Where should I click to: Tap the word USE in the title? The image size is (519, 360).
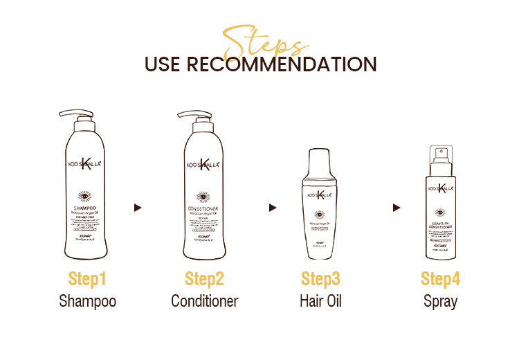pyautogui.click(x=162, y=64)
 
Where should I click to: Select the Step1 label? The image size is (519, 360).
pyautogui.click(x=87, y=279)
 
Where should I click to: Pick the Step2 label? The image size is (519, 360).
pyautogui.click(x=204, y=279)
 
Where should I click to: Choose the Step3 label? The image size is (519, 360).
pyautogui.click(x=320, y=279)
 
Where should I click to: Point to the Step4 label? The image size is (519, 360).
pyautogui.click(x=440, y=279)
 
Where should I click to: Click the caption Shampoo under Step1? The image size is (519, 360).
pyautogui.click(x=87, y=301)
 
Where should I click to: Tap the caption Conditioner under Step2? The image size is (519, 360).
pyautogui.click(x=204, y=301)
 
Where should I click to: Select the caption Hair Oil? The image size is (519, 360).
pyautogui.click(x=320, y=301)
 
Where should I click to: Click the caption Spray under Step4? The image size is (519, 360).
pyautogui.click(x=440, y=301)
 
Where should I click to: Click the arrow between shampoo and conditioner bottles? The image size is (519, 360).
pyautogui.click(x=138, y=207)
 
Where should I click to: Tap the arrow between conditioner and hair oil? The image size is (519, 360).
pyautogui.click(x=273, y=207)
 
